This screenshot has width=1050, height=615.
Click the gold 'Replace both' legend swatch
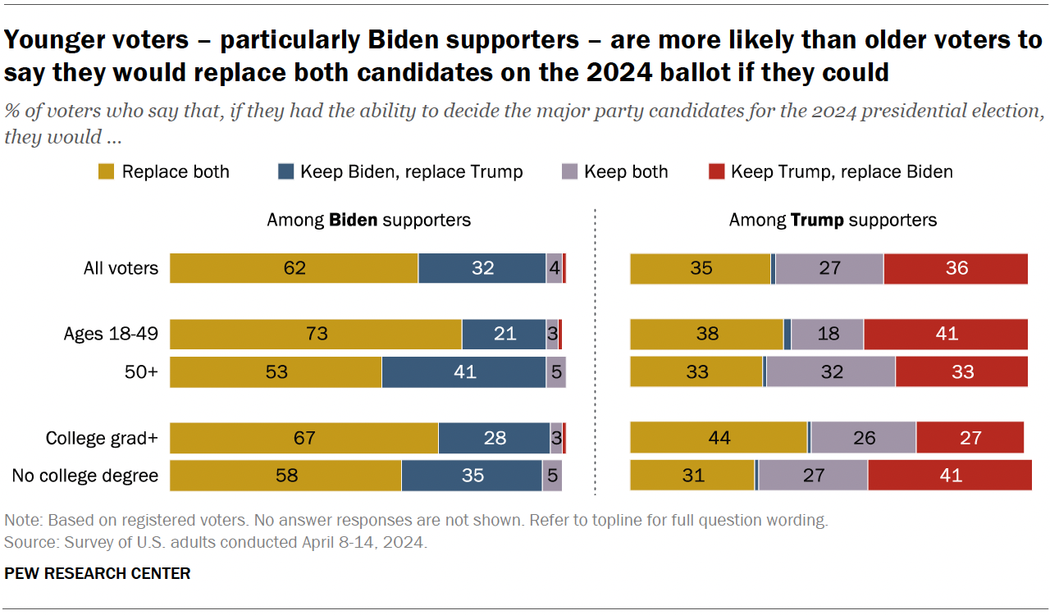[106, 172]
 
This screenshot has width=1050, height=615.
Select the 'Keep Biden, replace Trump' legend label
[411, 172]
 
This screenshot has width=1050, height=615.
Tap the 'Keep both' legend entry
[626, 172]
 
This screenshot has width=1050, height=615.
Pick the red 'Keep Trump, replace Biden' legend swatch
[716, 172]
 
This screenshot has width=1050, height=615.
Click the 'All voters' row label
[121, 268]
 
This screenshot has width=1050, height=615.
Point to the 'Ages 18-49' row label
[111, 334]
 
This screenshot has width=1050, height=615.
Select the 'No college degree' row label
[85, 476]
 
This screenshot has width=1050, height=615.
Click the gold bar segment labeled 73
[316, 334]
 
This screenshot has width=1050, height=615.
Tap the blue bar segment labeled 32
[482, 268]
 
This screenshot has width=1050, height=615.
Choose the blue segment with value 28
[494, 438]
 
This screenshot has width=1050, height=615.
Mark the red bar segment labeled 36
[956, 268]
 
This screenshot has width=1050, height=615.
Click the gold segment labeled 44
[719, 438]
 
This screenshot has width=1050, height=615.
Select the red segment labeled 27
[970, 438]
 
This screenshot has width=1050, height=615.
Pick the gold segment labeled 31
[692, 476]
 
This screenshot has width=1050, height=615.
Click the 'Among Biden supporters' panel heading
[369, 220]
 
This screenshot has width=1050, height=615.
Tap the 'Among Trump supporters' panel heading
[833, 220]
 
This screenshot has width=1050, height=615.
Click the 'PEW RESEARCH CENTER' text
[98, 573]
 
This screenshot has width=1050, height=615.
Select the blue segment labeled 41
[464, 371]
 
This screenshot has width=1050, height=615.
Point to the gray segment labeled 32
[830, 371]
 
